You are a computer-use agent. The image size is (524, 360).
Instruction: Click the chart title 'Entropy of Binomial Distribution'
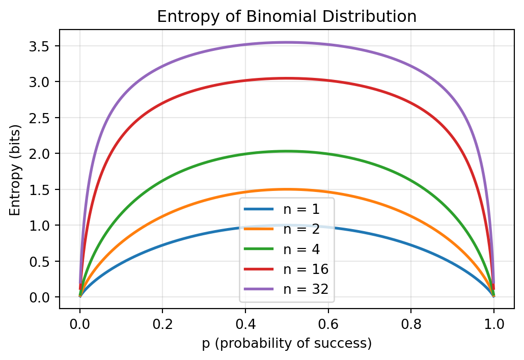[x=287, y=17]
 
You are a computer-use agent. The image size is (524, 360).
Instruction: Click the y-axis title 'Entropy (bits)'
[x=16, y=169]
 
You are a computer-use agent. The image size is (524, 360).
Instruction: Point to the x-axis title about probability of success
[x=287, y=343]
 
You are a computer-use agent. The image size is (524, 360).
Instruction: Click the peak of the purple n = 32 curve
[x=287, y=42]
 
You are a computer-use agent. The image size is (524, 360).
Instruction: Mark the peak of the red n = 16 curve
[x=287, y=78]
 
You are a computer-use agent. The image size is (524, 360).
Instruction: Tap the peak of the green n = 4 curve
[x=287, y=151]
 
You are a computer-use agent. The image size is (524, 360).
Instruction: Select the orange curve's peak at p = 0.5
[x=287, y=189]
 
